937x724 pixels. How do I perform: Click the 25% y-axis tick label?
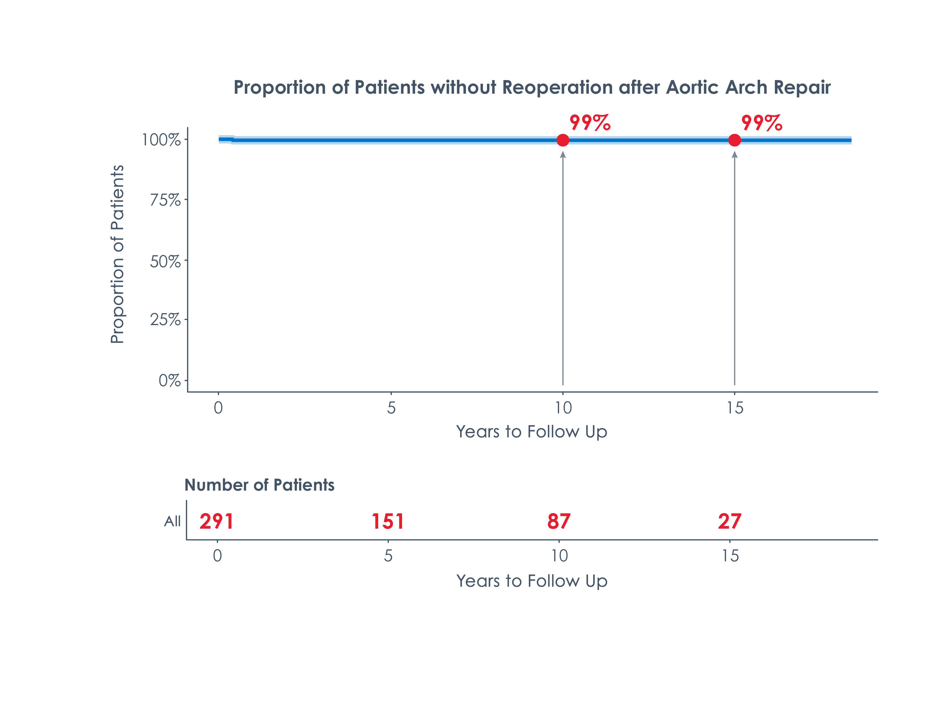[x=165, y=319]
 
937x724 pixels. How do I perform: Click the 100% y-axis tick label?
[x=161, y=140]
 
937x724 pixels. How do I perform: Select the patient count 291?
[x=216, y=522]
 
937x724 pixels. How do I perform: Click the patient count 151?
[x=387, y=522]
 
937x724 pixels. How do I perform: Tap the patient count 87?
[x=559, y=522]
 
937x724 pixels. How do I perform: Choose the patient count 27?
[x=729, y=522]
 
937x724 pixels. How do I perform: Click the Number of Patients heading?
[x=259, y=485]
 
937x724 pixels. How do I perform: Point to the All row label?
[x=172, y=522]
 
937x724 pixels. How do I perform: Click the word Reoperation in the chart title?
[x=557, y=87]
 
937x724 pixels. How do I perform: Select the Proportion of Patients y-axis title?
[x=117, y=254]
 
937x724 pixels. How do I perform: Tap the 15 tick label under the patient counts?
[x=730, y=556]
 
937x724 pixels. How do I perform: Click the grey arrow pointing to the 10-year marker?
[x=562, y=270]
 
